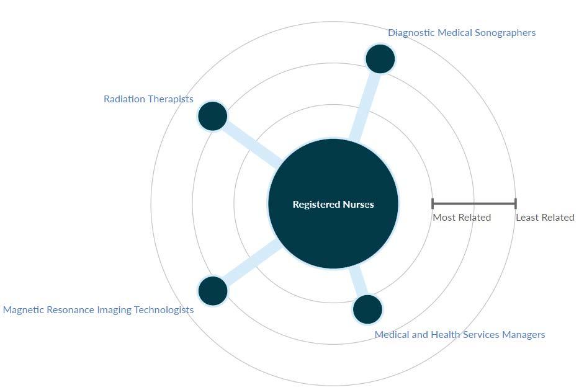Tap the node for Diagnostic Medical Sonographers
380,59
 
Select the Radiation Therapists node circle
213,116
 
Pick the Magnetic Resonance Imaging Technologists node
213,290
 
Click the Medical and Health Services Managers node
367,309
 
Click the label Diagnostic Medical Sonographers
461,33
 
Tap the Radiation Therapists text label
148,99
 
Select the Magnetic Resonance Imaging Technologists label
98,310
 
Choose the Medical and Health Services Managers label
459,335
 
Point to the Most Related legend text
462,218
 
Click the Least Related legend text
545,218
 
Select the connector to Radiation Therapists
248,141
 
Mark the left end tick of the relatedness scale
433,203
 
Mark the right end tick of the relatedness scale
515,203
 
